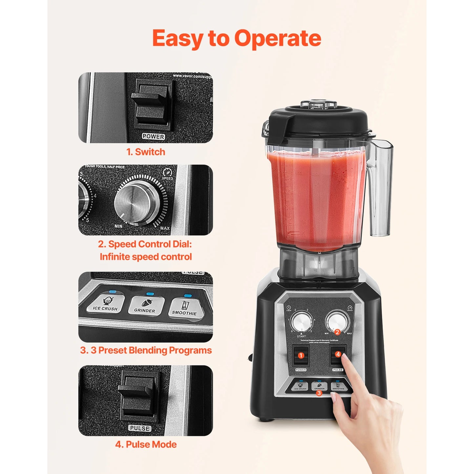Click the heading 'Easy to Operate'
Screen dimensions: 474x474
coord(237,39)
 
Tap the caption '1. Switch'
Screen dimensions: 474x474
coord(146,152)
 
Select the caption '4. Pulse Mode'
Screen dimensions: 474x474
coord(146,444)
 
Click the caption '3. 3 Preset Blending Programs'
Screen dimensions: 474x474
coord(146,350)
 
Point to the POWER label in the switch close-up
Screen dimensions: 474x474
coord(153,136)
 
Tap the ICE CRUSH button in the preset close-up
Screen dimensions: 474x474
coord(105,304)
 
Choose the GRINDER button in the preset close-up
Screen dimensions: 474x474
coord(145,306)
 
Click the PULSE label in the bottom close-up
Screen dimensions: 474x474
coord(140,428)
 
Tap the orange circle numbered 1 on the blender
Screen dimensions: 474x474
coord(301,356)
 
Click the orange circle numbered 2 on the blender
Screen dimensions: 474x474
coord(337,332)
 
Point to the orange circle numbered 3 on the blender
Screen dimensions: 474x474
coord(319,393)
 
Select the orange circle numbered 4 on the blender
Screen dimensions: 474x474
coord(338,354)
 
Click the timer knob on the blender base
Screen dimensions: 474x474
coord(302,322)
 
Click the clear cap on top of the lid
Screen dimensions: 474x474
coord(319,104)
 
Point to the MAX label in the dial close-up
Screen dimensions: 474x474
coord(165,228)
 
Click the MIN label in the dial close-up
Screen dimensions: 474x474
coord(118,226)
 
